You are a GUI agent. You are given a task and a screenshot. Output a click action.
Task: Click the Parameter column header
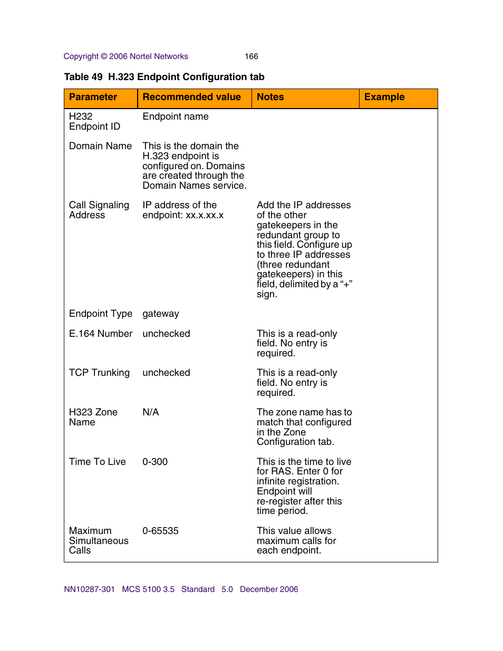93,97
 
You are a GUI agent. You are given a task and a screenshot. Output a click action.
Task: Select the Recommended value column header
191,97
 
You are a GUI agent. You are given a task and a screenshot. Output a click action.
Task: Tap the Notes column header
270,97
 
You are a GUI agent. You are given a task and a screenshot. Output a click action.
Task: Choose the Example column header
384,97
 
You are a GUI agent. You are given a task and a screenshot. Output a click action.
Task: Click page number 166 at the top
251,56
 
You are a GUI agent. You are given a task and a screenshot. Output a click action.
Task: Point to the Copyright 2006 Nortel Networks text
125,56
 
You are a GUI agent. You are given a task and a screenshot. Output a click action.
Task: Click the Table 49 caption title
164,77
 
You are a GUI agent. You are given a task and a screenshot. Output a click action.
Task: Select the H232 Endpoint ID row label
94,121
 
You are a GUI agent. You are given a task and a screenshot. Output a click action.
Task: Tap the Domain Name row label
100,146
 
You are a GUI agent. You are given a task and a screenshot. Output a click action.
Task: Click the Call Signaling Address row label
99,210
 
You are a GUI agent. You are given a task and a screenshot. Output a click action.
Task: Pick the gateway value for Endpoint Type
160,314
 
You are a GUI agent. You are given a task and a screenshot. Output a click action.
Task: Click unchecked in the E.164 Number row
166,334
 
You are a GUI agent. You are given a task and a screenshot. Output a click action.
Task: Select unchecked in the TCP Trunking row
166,373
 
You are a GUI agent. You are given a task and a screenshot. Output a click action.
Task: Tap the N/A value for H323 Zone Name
150,412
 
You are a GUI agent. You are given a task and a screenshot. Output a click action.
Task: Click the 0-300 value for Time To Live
155,462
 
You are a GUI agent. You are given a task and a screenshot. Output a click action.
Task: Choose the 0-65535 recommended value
160,531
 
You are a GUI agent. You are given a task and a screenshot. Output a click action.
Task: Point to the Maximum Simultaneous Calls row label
98,540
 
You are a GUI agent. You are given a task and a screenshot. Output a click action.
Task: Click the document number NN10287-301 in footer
89,589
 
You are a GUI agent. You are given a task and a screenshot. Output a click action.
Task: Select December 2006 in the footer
268,589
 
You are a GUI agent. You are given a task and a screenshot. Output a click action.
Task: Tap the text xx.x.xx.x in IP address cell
205,215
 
